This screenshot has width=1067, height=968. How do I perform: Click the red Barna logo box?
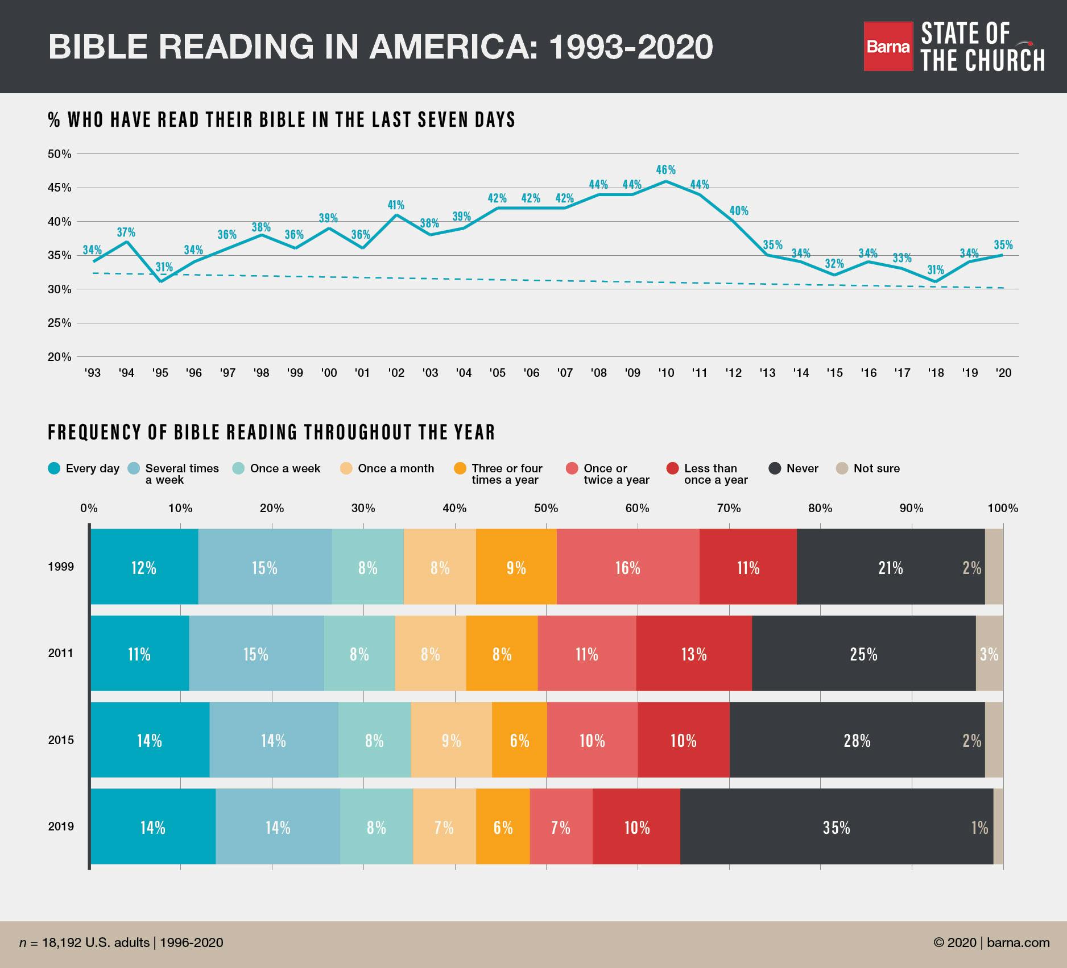tap(888, 47)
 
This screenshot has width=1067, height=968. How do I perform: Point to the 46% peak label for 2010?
tap(665, 170)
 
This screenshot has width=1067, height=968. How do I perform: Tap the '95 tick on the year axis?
tap(160, 373)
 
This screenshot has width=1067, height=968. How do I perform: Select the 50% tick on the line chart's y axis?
tap(60, 154)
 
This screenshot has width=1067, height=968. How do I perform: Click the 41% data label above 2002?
tap(396, 205)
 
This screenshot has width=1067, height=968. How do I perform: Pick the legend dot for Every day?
tap(54, 468)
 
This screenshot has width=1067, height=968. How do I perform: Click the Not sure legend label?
tap(876, 468)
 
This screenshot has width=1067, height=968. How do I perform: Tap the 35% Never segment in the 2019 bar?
tap(836, 827)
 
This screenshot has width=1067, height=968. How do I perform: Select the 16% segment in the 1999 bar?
tap(628, 567)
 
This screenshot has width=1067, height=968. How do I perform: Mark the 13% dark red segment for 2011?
tap(694, 654)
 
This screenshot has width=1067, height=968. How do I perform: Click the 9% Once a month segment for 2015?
tap(451, 740)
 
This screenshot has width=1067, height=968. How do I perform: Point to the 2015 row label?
tap(61, 740)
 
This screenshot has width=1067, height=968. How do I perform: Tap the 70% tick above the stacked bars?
tap(729, 508)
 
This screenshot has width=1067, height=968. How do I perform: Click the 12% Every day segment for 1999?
tap(144, 567)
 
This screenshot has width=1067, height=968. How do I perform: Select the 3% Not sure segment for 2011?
tap(989, 654)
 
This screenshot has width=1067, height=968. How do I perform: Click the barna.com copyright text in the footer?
tap(991, 942)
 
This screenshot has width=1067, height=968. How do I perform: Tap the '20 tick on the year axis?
tap(1003, 373)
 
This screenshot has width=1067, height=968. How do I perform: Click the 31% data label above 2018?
tap(936, 269)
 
